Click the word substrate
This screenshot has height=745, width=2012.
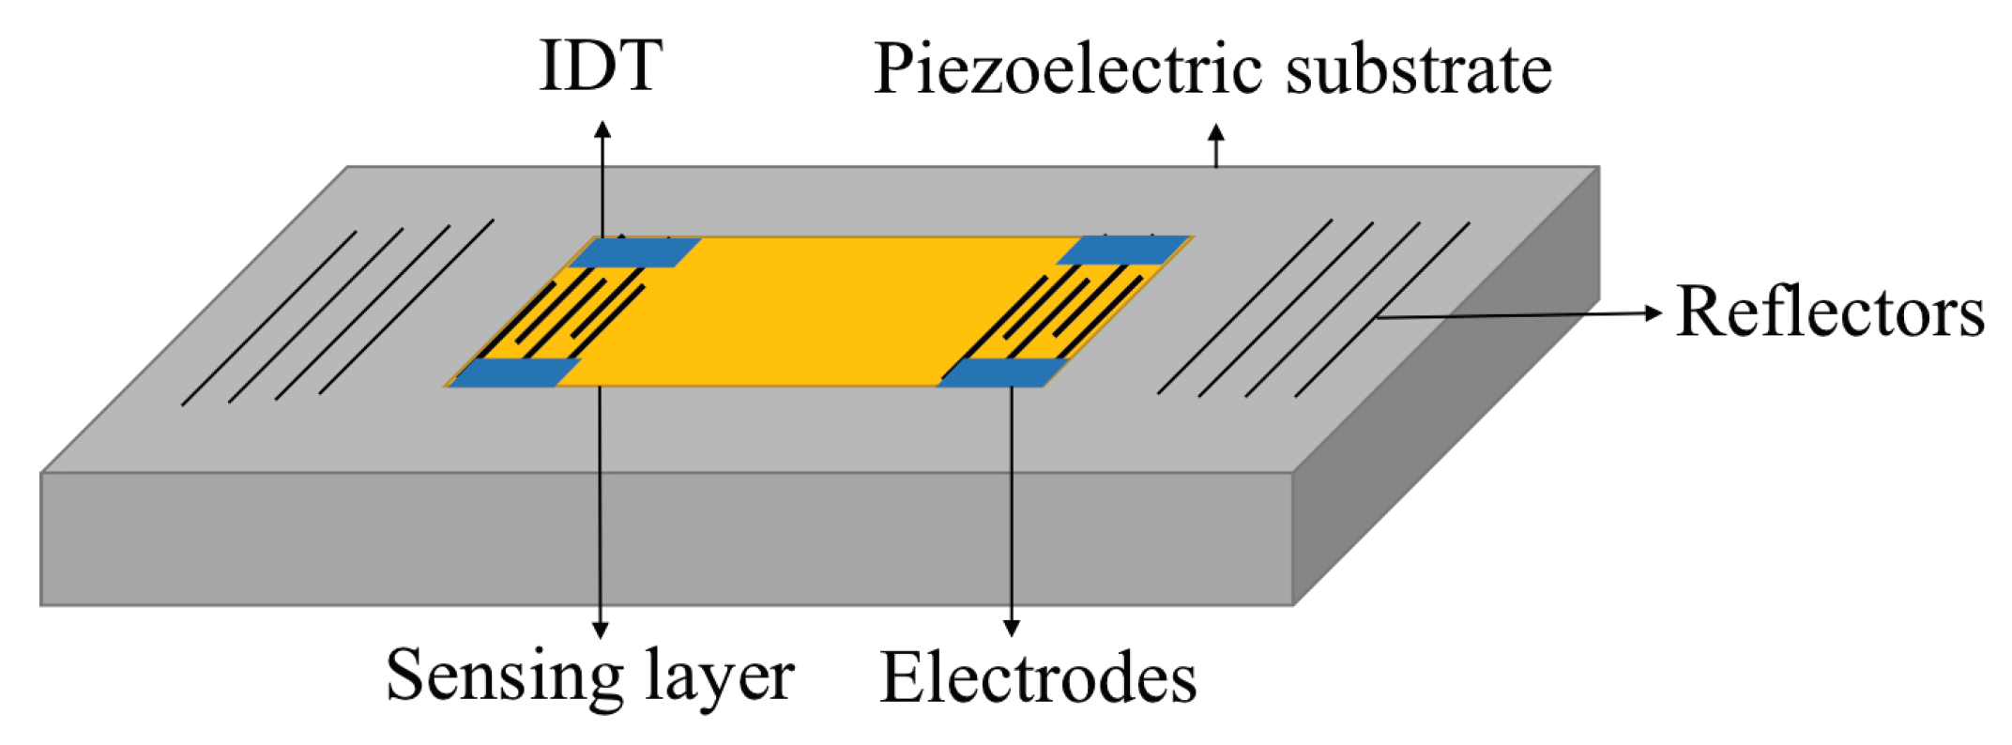click(1418, 69)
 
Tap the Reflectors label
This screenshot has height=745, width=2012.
click(1830, 312)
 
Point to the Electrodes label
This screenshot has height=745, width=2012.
click(1038, 677)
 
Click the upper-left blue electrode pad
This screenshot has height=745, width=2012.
click(635, 252)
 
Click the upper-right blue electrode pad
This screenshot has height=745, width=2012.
click(1123, 251)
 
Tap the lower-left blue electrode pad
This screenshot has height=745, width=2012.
click(515, 372)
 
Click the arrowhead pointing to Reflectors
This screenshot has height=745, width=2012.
click(1654, 312)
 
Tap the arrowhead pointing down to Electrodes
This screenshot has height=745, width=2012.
click(1011, 628)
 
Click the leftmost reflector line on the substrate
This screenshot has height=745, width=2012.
click(269, 317)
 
